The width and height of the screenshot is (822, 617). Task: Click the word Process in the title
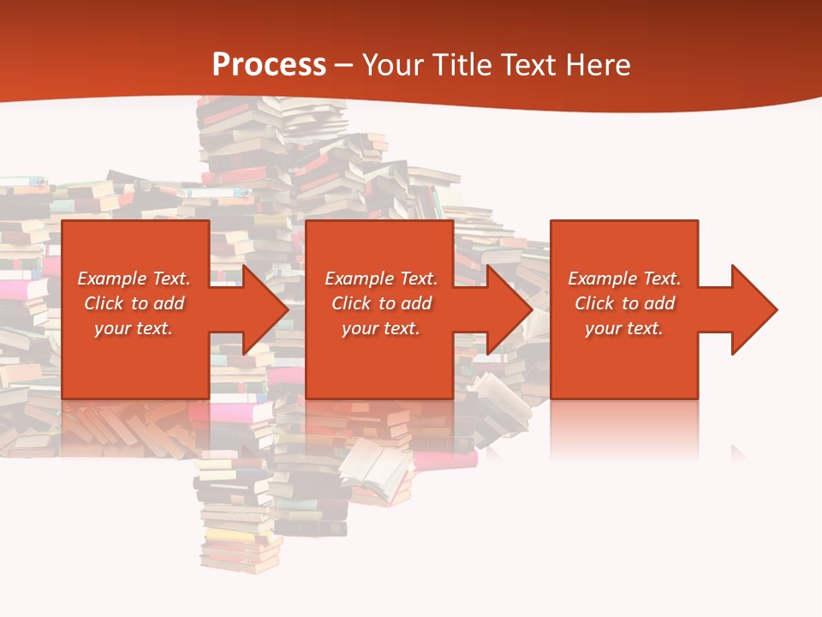coord(269,64)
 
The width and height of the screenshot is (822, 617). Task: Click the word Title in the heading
coord(460,65)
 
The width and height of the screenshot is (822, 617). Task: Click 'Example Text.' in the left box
coord(134,279)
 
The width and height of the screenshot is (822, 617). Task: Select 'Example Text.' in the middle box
coord(380,279)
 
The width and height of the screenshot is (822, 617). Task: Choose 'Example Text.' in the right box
coord(624,279)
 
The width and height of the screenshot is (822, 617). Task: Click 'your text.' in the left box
coord(134,328)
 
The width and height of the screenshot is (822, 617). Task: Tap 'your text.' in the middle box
coord(380,328)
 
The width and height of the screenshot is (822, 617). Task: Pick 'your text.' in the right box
coord(624,328)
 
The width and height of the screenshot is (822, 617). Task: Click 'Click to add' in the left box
coord(134,303)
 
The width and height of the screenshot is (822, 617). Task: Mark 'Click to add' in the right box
coord(624,303)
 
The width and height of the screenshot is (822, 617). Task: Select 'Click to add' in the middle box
coord(380,303)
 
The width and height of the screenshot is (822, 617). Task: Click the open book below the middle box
coord(377,467)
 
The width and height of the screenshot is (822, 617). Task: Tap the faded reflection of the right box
coord(624,428)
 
